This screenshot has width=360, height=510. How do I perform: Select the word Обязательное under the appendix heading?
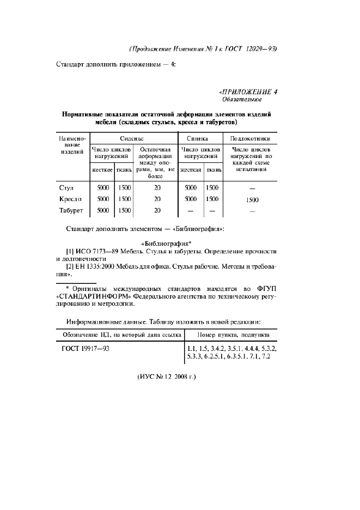click(242, 100)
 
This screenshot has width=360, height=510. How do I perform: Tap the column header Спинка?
click(201, 138)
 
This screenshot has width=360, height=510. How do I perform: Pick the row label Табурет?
click(71, 210)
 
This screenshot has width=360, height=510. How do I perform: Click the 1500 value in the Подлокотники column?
click(252, 199)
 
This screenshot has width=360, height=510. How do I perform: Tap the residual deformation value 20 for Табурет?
click(157, 210)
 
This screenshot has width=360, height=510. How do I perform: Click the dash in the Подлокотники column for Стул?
click(252, 188)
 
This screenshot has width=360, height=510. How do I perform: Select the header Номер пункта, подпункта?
click(231, 333)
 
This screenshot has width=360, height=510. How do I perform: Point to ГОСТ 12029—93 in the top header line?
click(252, 48)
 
